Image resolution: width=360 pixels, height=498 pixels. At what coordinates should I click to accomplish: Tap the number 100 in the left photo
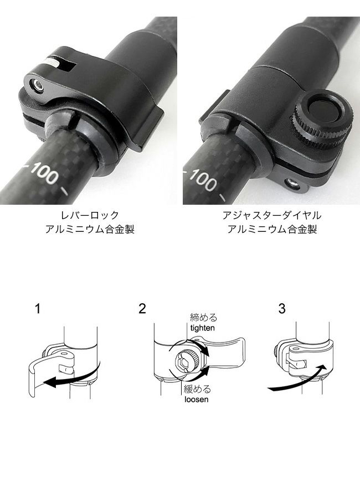point(45,173)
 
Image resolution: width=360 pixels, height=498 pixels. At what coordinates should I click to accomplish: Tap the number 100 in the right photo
point(203,179)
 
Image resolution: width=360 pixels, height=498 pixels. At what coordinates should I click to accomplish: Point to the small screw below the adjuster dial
point(292,184)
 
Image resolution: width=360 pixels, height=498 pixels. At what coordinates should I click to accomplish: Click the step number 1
point(38,309)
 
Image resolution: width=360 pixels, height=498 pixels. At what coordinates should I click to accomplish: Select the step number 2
point(142,309)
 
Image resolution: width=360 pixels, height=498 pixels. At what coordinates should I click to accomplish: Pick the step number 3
point(282,309)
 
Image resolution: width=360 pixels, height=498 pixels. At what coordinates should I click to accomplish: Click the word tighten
point(203,328)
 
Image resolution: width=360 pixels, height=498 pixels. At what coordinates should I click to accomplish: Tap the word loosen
point(197,399)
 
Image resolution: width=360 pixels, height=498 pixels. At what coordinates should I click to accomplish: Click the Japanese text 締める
point(203,318)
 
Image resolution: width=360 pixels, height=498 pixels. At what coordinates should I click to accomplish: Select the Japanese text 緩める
point(197,389)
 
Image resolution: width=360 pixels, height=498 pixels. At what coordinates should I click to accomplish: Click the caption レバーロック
point(90,215)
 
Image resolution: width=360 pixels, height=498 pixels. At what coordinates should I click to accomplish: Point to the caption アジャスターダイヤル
point(272,215)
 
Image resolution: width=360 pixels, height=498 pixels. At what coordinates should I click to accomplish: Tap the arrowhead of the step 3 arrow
point(322,369)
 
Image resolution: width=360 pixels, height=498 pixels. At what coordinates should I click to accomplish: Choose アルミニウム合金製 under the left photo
point(90,229)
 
